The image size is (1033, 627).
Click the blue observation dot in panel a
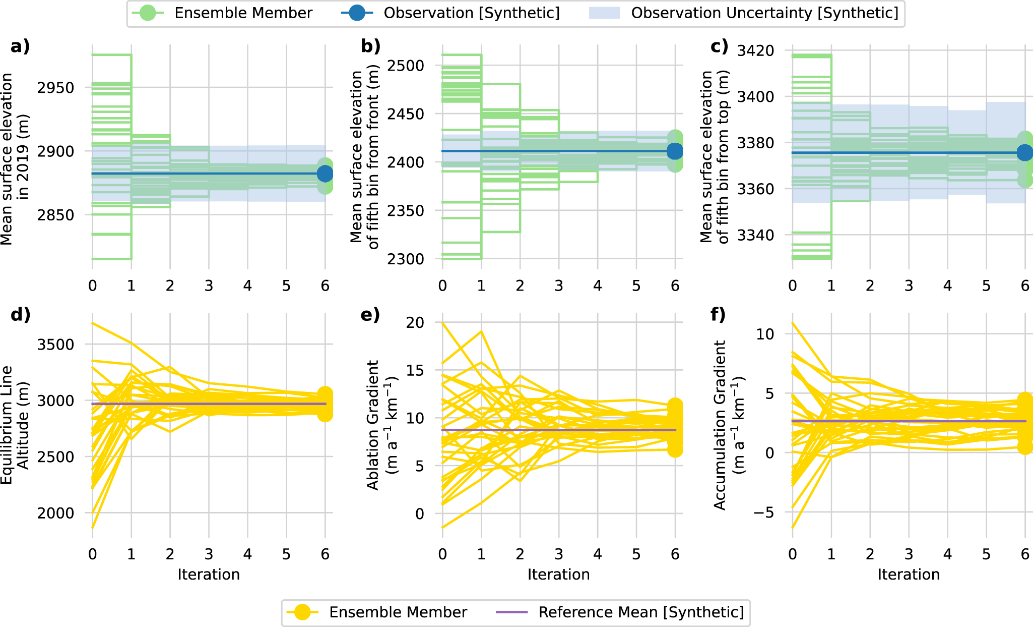325,174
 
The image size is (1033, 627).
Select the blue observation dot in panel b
675,151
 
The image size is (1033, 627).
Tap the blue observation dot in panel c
1024,153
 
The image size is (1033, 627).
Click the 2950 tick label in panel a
55,88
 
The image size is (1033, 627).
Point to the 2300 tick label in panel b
405,259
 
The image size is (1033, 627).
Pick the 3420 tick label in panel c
755,50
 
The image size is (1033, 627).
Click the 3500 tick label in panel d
55,345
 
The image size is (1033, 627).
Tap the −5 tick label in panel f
764,513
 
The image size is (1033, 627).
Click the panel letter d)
20,315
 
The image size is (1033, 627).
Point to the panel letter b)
370,46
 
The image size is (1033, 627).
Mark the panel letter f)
718,315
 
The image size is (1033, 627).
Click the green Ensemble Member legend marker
148,13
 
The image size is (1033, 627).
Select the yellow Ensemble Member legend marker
302,612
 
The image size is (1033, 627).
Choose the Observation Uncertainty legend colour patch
604,13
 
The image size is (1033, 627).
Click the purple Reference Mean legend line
511,612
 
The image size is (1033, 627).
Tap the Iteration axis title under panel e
558,575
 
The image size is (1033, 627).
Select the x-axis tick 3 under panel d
209,554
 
